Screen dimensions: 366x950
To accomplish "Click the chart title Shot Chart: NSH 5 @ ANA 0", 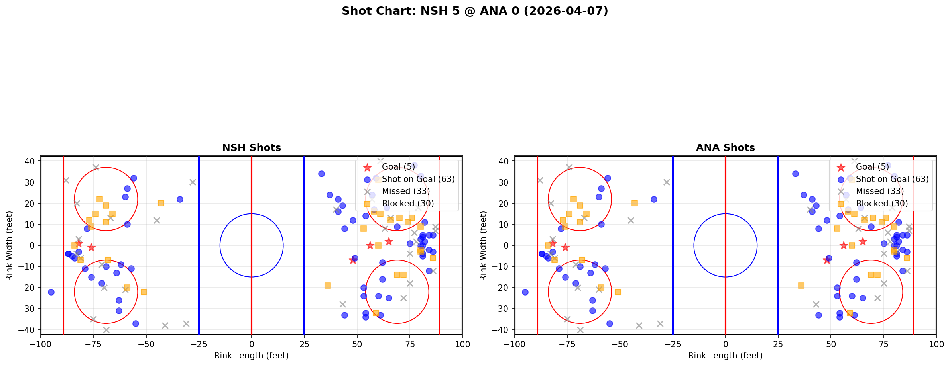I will click(x=475, y=11).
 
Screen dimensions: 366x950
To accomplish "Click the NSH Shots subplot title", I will click(x=252, y=148).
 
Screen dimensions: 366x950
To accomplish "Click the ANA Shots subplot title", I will click(x=725, y=148).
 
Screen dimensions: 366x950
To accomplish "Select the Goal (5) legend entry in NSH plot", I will click(x=398, y=167).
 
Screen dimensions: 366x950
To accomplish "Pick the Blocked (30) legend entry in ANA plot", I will click(x=881, y=204).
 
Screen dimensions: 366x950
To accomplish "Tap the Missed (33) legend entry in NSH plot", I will click(x=405, y=191).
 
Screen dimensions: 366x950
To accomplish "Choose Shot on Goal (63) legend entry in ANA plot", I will click(x=892, y=179).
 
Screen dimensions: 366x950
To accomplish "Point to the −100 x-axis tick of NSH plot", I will click(x=41, y=344).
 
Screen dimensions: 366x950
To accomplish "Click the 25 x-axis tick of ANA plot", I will click(x=778, y=344).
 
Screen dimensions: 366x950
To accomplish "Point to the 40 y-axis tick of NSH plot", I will click(x=32, y=161).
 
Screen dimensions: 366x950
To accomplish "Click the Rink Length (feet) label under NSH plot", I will click(x=252, y=356).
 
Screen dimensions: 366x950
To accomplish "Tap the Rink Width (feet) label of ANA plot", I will click(x=483, y=246).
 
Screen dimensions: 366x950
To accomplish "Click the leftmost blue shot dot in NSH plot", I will click(x=51, y=292).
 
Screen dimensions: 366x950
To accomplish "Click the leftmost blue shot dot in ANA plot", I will click(x=525, y=292).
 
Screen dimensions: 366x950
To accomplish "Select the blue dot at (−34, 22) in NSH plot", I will click(x=180, y=199).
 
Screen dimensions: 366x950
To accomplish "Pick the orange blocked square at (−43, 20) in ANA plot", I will click(x=635, y=203).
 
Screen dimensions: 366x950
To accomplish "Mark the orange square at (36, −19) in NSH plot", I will click(x=327, y=286).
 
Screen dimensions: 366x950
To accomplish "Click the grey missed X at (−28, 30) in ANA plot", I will click(x=667, y=182).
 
